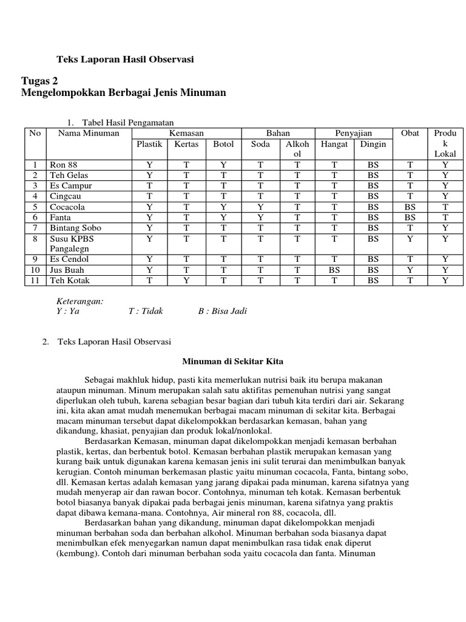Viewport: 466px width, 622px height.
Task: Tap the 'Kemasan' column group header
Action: (x=186, y=133)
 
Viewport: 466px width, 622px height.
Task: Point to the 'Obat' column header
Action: (x=410, y=133)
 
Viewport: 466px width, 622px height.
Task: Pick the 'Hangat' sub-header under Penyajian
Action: (x=334, y=144)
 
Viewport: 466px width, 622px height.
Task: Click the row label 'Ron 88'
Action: (x=64, y=165)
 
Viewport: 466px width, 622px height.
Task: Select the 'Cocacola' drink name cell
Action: (x=67, y=207)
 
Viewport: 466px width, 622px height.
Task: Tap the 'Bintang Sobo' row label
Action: (x=75, y=227)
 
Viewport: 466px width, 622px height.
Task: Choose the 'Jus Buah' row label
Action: (x=67, y=270)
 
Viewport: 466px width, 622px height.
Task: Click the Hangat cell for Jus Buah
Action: (x=334, y=270)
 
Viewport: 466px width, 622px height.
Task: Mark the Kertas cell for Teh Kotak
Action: (x=186, y=280)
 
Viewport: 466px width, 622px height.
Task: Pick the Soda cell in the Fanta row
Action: (x=260, y=217)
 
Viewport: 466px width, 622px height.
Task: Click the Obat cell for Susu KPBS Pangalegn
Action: (x=410, y=238)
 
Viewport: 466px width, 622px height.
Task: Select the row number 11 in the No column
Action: (x=35, y=280)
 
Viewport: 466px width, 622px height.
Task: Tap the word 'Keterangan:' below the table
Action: (x=80, y=301)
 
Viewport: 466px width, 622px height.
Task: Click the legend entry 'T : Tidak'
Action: (x=146, y=311)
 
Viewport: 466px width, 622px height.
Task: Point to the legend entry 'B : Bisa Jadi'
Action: (x=223, y=311)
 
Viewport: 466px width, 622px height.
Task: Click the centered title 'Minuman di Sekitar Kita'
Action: (x=233, y=361)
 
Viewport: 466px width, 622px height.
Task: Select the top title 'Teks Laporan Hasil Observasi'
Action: (x=125, y=60)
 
